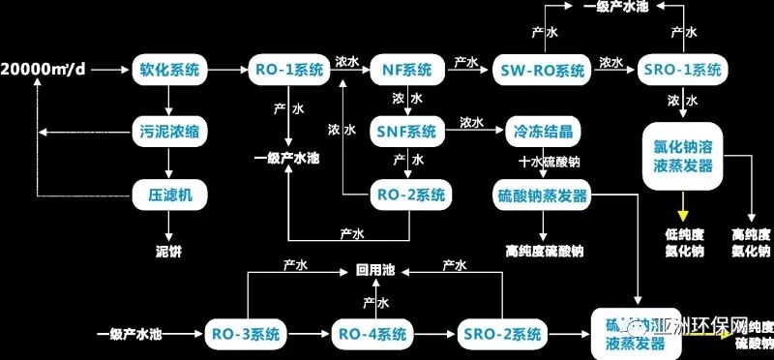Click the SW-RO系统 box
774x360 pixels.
click(543, 70)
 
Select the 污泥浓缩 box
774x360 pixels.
click(168, 129)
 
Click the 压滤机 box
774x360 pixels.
click(168, 195)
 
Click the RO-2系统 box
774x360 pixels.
click(409, 195)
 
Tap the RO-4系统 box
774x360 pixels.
click(371, 335)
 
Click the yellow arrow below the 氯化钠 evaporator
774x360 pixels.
click(683, 205)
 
